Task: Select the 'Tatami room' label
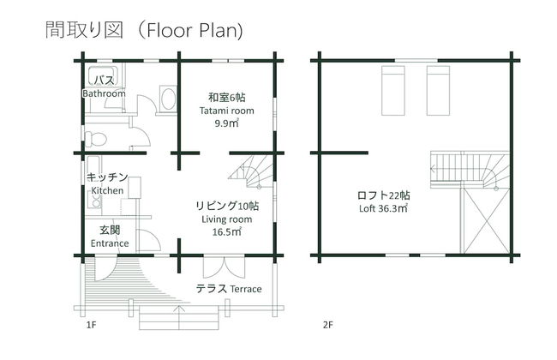227,111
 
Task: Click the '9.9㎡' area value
226,123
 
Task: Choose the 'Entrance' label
109,243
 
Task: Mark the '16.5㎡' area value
226,232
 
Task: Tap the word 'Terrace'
245,289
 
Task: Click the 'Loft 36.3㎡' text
383,208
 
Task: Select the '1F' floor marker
91,326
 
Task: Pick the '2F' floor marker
327,326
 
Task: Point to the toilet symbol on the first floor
96,138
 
